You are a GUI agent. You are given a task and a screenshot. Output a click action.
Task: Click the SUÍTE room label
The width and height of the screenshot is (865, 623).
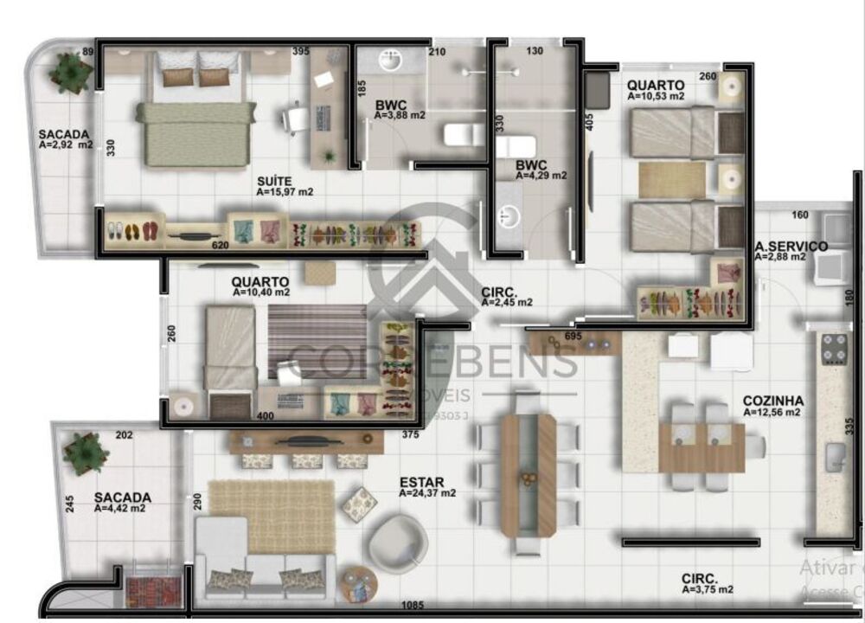[x=272, y=181]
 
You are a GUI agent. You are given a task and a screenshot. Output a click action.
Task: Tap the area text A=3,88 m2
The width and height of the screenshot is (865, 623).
[x=400, y=115]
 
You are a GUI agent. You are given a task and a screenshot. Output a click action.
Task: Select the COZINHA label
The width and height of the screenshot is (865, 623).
[x=773, y=401]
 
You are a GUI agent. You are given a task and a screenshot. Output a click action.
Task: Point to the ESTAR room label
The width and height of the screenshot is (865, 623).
[x=419, y=481]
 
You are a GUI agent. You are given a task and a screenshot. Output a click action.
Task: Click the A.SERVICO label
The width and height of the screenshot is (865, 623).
[x=791, y=246]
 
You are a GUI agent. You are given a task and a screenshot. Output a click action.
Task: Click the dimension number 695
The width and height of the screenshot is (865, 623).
[x=573, y=336]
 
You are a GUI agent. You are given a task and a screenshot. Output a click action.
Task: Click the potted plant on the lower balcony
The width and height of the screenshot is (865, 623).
[x=85, y=452]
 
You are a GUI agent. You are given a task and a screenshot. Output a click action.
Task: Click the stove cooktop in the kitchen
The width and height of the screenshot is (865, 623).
[x=834, y=349]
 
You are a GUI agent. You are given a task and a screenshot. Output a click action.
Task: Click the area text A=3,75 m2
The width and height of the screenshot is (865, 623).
[x=708, y=589]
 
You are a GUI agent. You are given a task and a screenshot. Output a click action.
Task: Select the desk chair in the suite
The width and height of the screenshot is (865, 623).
[x=295, y=118]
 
